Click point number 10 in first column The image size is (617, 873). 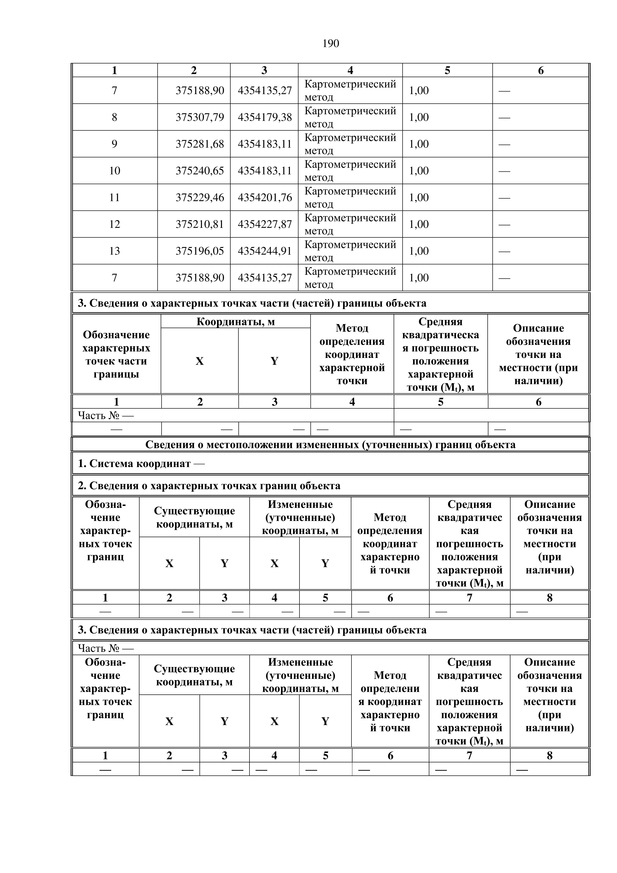click(114, 171)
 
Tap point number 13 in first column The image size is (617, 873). click(114, 251)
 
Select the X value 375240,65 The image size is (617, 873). click(200, 171)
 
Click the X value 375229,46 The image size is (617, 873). click(200, 197)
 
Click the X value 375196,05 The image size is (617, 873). click(200, 251)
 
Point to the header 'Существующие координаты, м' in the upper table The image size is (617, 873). click(194, 517)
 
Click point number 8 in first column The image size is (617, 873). click(114, 117)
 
